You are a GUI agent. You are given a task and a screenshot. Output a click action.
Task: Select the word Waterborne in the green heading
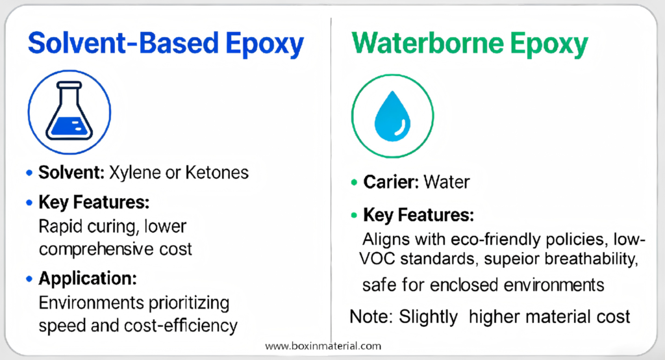[419, 44]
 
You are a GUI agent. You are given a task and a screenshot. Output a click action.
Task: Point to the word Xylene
[131, 174]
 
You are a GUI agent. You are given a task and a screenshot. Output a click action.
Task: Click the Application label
[88, 279]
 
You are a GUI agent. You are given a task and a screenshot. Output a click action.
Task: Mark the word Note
[368, 317]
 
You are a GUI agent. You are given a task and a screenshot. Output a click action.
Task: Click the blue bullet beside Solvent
[28, 174]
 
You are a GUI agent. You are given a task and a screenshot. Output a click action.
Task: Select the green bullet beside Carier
[353, 183]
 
